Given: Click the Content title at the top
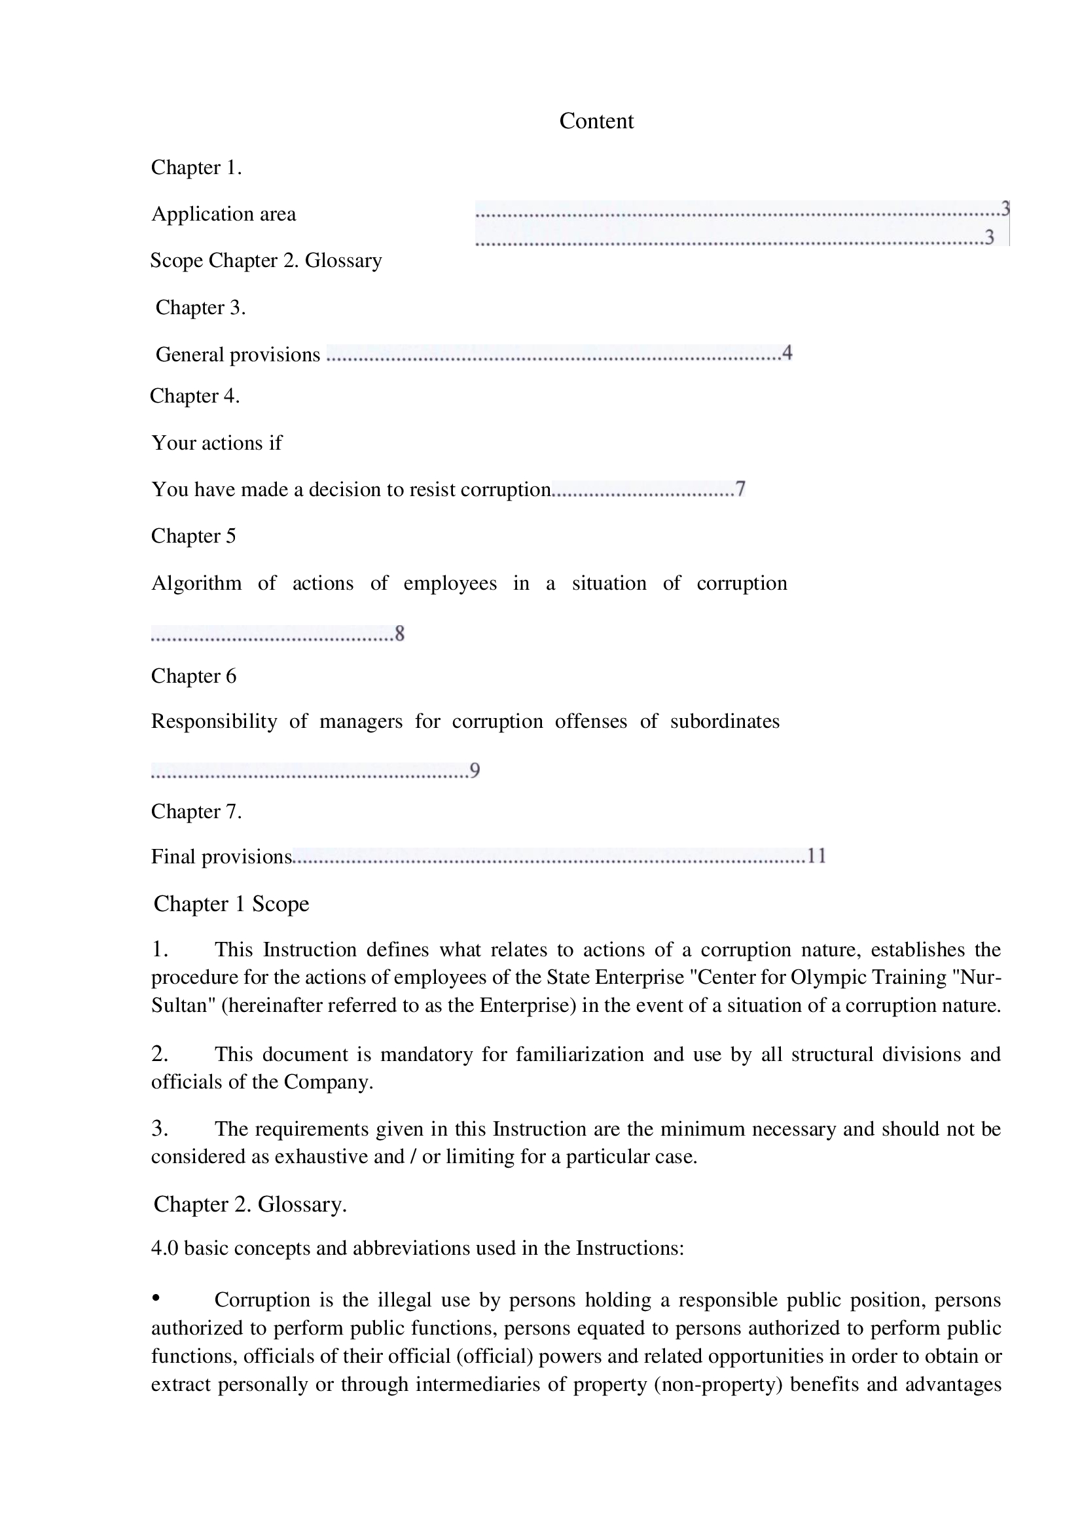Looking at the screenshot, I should point(596,121).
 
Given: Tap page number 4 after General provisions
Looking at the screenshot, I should point(787,353).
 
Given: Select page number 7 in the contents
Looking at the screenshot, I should point(740,489).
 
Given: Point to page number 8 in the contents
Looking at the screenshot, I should point(399,633).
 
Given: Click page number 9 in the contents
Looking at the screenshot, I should point(475,771).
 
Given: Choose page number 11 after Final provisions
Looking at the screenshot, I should point(817,856).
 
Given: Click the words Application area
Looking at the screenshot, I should point(223,214).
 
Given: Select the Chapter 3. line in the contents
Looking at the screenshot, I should point(201,308).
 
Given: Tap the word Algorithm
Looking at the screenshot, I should point(196,583).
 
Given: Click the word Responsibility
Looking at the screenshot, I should point(214,721).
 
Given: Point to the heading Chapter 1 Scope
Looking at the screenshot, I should point(231,903).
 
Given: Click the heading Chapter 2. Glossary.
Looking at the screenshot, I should point(250,1204).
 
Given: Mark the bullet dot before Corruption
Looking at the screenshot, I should point(156,1297).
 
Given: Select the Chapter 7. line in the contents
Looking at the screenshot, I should point(196,812).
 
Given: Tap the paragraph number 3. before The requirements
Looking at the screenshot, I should point(159,1128).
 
